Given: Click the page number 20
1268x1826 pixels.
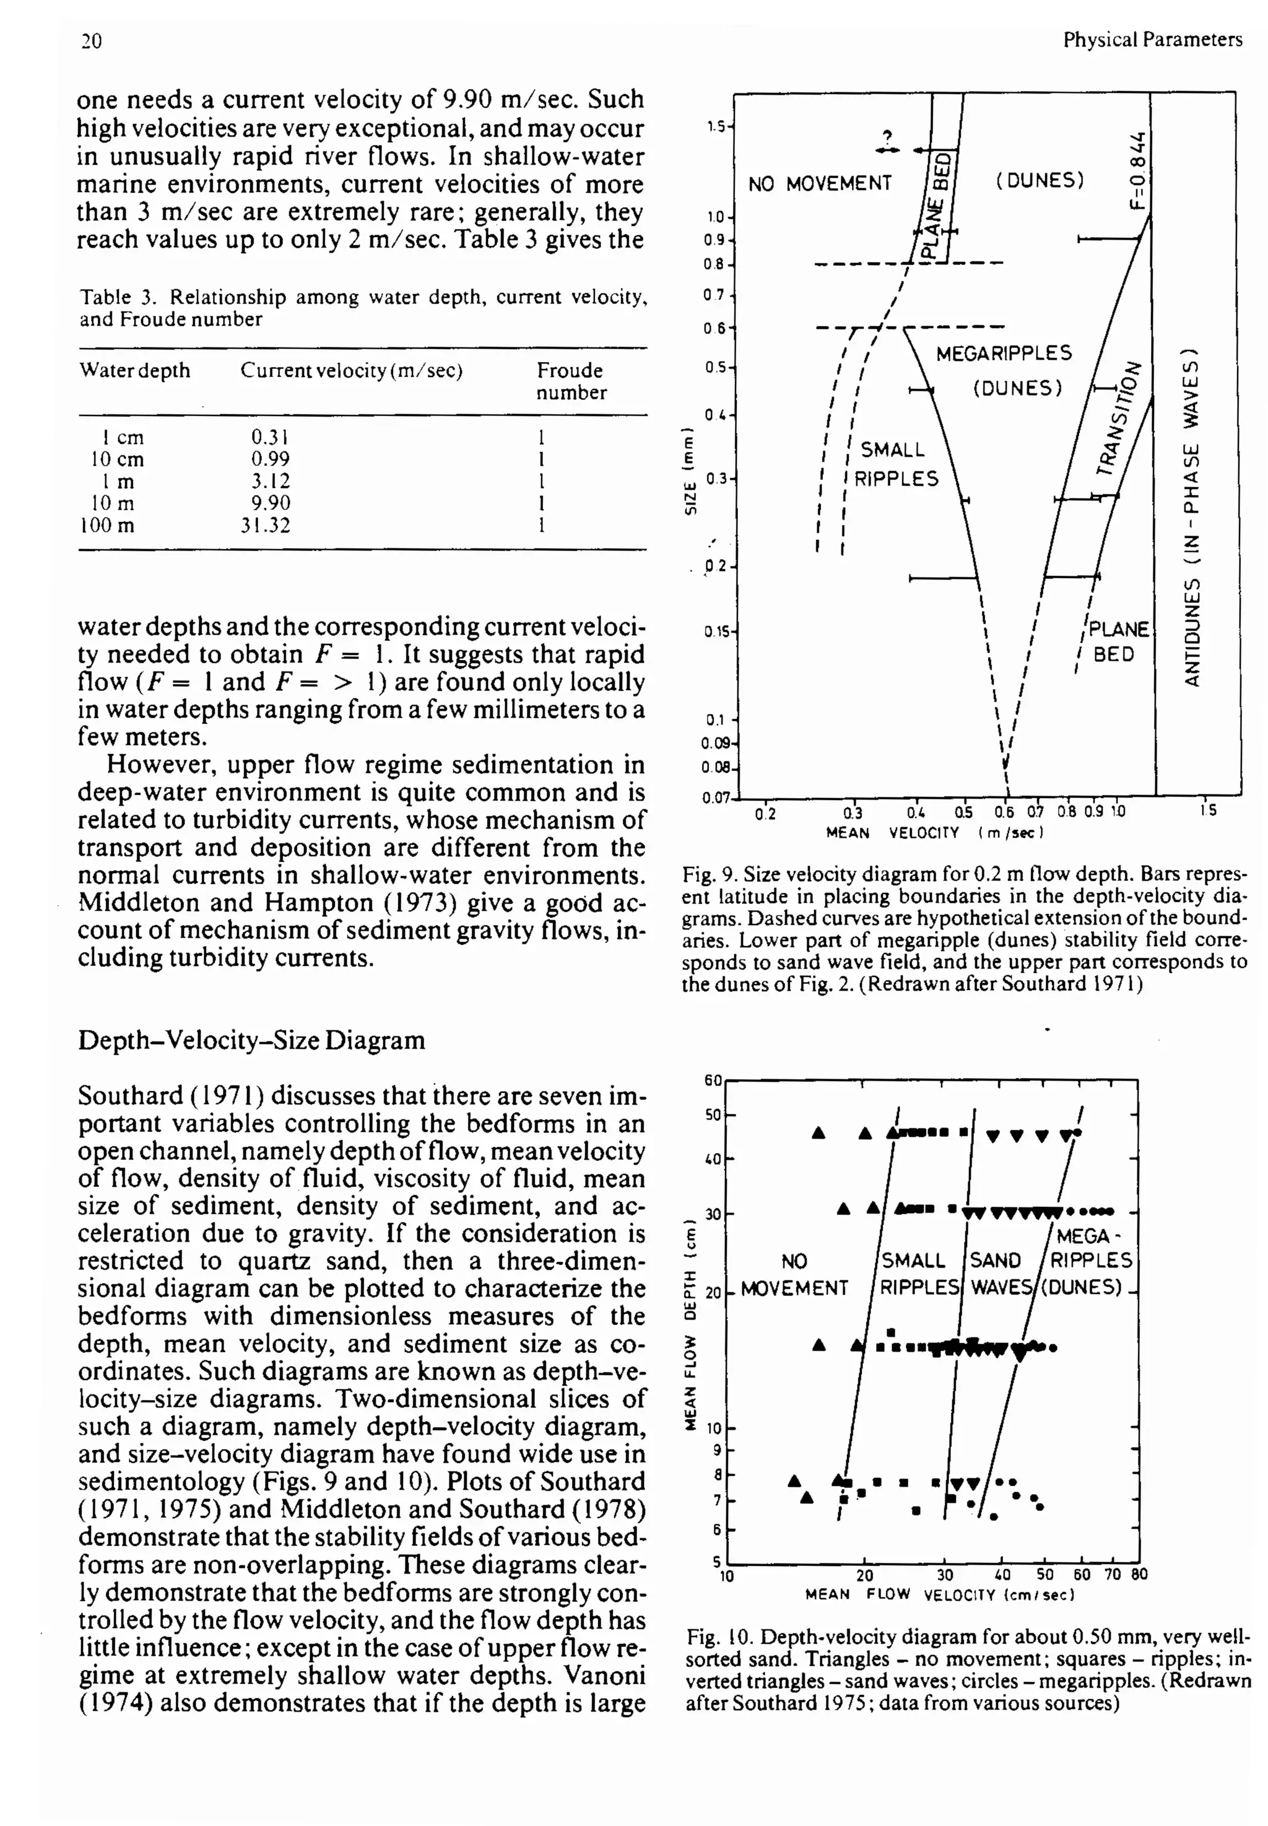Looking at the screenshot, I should [92, 40].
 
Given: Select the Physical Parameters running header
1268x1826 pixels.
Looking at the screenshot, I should [1152, 40].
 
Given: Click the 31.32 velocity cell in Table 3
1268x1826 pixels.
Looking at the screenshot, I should [266, 525].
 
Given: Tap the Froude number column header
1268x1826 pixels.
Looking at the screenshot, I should [570, 381].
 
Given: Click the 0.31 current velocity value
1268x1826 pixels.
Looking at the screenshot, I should [269, 437].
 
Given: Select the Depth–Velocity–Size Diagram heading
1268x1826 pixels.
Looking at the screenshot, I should [251, 1040].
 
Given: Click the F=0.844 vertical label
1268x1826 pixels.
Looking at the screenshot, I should [1139, 171].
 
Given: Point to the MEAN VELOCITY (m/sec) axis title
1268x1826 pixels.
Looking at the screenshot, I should [934, 833].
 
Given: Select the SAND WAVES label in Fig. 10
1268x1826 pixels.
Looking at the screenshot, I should [997, 1274].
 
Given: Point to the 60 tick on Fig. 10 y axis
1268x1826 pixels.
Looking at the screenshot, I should [713, 1080].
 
